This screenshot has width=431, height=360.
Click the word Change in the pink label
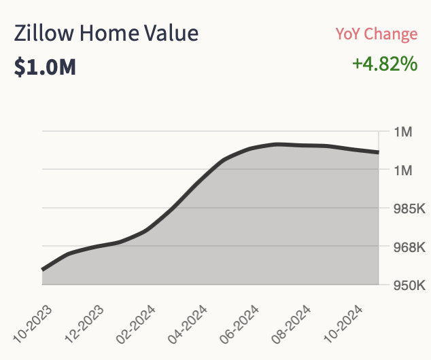[x=394, y=34]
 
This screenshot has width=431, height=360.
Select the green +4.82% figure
[x=384, y=64]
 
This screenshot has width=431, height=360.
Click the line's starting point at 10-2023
[x=43, y=270]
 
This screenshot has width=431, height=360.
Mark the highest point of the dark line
[x=277, y=144]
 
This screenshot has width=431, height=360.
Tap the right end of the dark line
[x=377, y=152]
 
